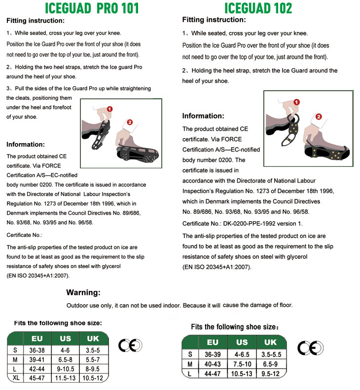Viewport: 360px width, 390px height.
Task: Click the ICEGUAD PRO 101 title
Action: pos(92,8)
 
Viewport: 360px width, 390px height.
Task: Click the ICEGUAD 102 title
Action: pos(258,8)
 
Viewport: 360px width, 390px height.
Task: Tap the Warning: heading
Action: pos(83,292)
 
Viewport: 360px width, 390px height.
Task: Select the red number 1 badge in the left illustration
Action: pos(109,109)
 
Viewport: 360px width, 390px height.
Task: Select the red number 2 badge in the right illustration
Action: pos(319,117)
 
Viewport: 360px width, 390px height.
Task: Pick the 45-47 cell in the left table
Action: pos(37,378)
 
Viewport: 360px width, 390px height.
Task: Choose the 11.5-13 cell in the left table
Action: pos(65,378)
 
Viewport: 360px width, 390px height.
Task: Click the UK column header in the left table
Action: pos(93,339)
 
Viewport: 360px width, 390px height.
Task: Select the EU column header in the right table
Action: pos(213,342)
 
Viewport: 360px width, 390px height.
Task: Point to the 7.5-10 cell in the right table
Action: pos(242,364)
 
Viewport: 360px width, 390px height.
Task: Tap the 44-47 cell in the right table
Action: pos(213,374)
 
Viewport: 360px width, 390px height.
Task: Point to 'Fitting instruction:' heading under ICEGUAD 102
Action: pos(214,20)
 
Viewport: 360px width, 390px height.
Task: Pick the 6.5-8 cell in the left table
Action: pos(65,359)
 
